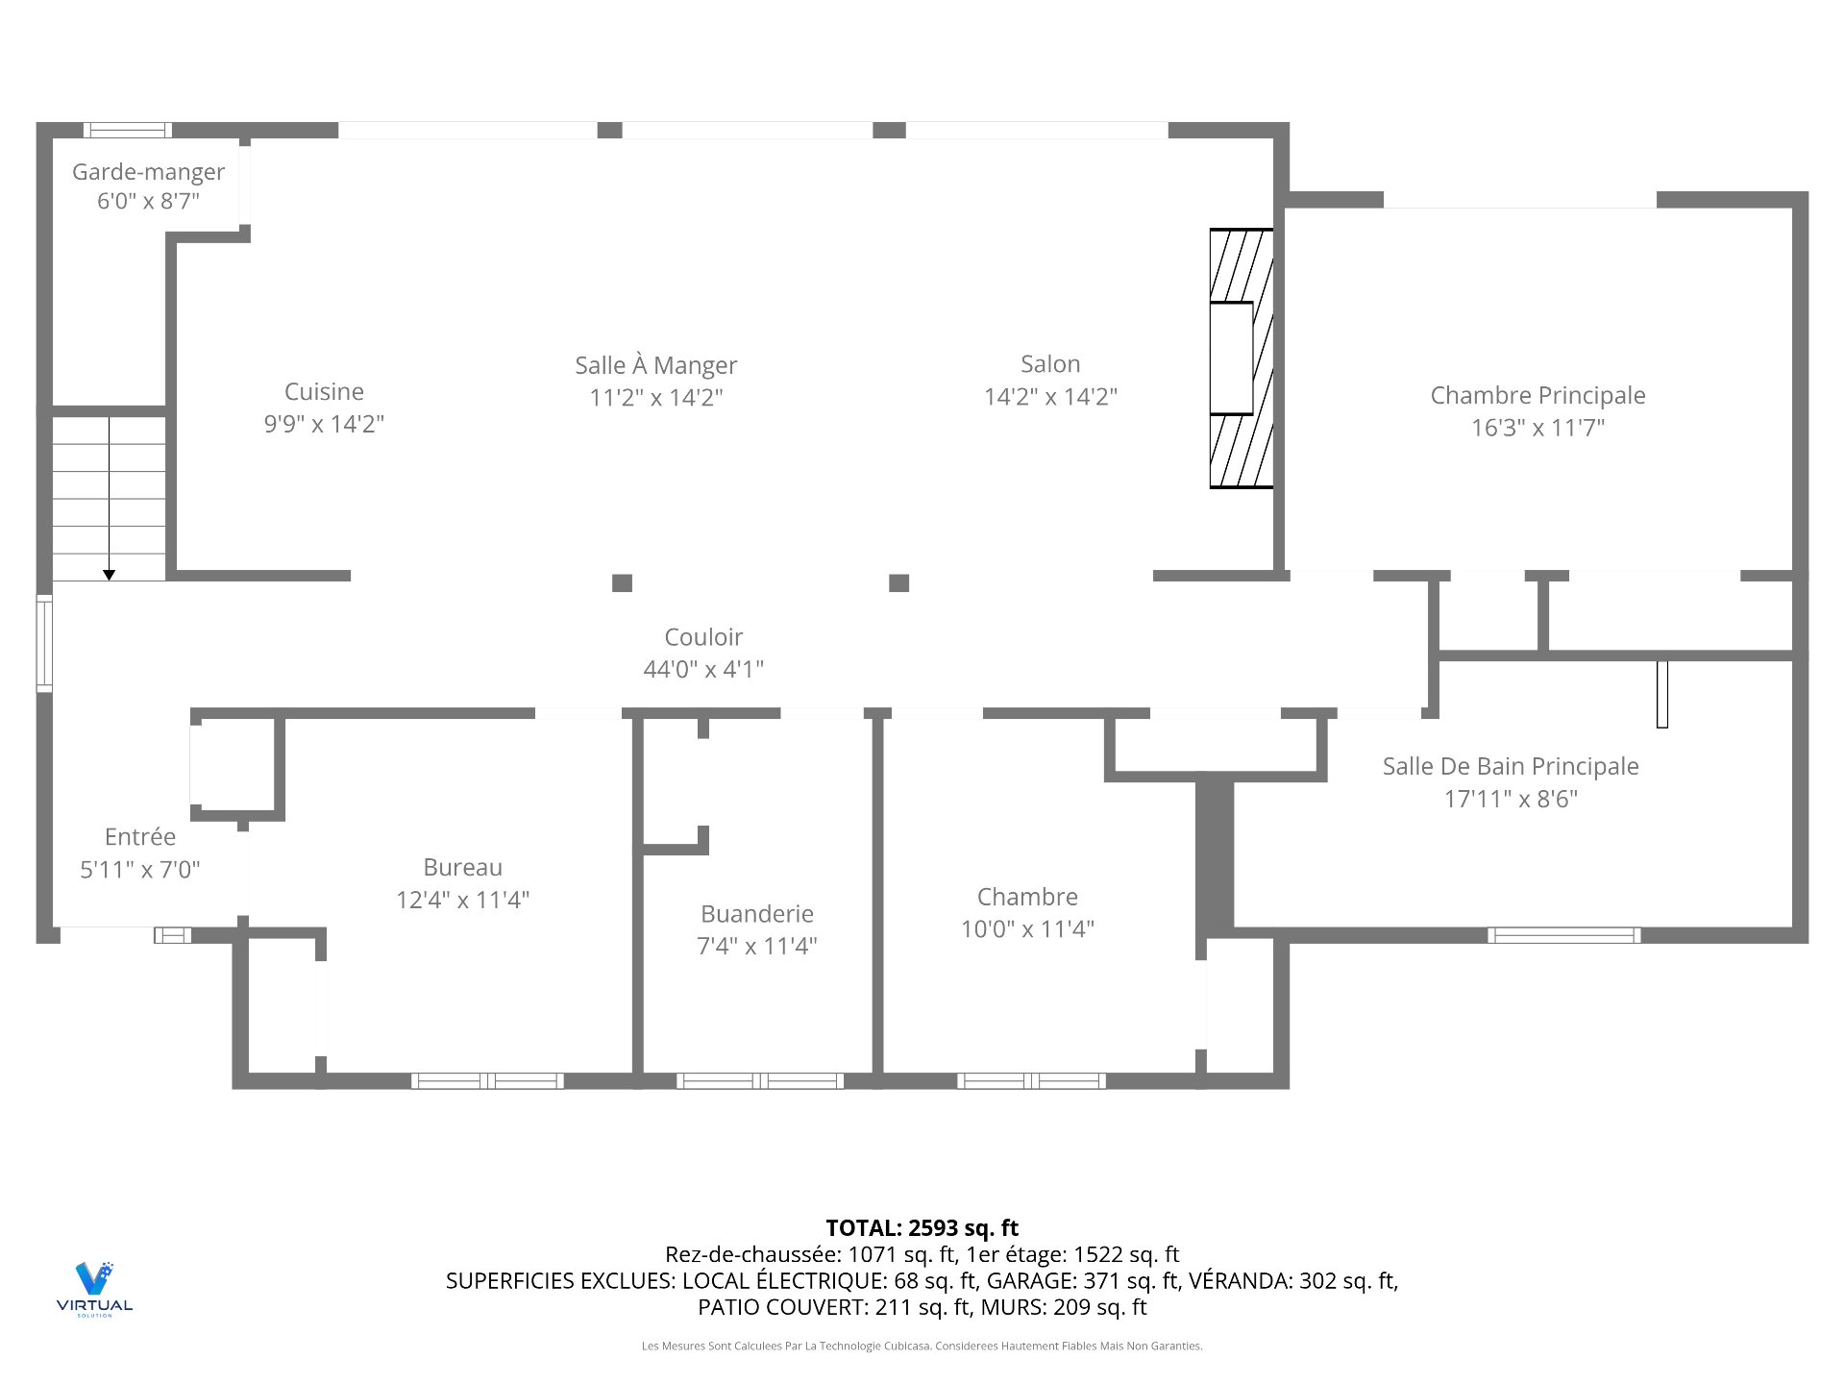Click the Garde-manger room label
tap(148, 172)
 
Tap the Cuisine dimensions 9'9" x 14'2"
tap(324, 424)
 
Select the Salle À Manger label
tap(655, 365)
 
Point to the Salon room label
tap(1050, 364)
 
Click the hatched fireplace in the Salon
tap(1241, 358)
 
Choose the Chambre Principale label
tap(1537, 395)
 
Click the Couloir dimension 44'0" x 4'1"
tap(703, 669)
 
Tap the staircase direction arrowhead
tap(110, 575)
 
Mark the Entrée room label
tap(140, 837)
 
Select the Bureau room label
tap(462, 867)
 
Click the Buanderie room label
tap(757, 914)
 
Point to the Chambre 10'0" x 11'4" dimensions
tap(1027, 929)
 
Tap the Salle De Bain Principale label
tap(1511, 766)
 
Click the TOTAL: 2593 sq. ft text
tap(922, 1227)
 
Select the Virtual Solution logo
tap(94, 1288)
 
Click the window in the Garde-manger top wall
tap(128, 130)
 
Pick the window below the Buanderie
tap(760, 1081)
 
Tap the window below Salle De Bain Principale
tap(1563, 935)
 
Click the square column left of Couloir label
tap(623, 582)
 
